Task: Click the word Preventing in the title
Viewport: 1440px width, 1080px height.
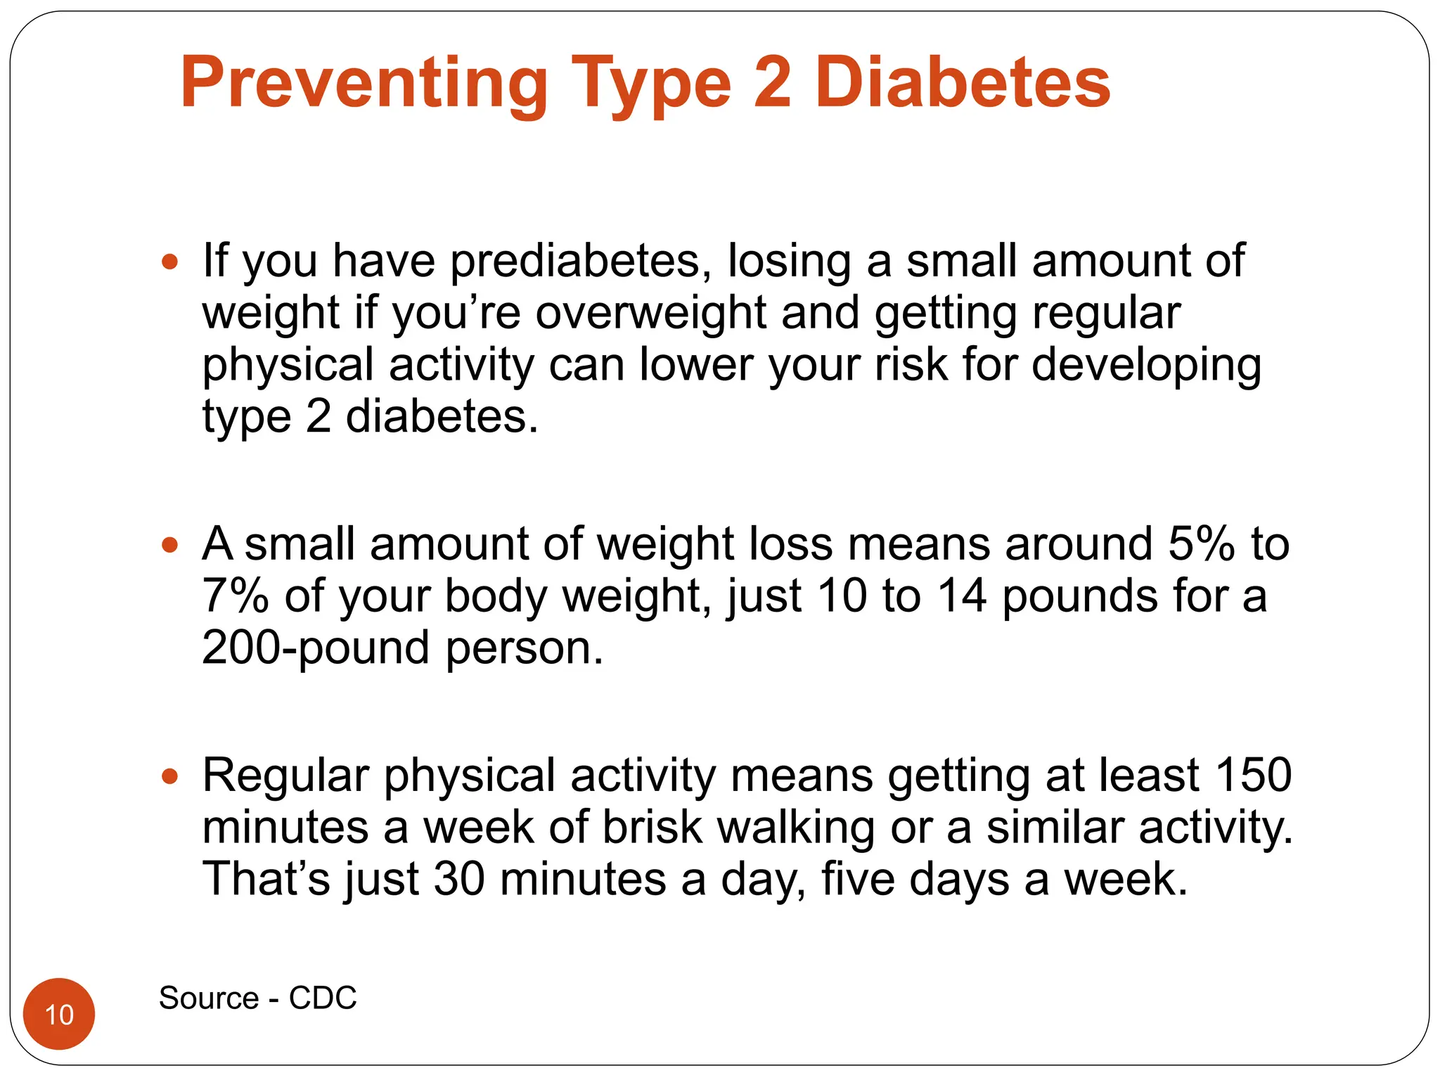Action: [x=364, y=84]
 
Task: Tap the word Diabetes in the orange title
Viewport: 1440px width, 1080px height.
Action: [x=963, y=83]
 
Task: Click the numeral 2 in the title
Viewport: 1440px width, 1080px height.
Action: [x=772, y=83]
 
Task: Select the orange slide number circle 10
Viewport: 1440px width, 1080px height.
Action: [x=59, y=1013]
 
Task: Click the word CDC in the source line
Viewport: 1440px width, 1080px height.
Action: [x=323, y=998]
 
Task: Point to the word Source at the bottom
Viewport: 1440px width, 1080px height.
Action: [x=209, y=998]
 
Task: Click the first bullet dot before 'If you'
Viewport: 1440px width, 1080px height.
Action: [x=169, y=263]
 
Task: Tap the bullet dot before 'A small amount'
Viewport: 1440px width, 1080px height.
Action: [x=169, y=545]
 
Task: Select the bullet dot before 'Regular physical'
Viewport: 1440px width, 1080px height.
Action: [x=169, y=776]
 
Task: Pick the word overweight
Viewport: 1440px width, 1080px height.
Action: [x=650, y=313]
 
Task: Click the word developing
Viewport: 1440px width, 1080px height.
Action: [x=1146, y=366]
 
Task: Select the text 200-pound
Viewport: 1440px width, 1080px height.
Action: [x=315, y=648]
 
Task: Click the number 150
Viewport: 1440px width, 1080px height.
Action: [x=1253, y=775]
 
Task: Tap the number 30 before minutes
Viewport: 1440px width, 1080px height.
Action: [x=458, y=879]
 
